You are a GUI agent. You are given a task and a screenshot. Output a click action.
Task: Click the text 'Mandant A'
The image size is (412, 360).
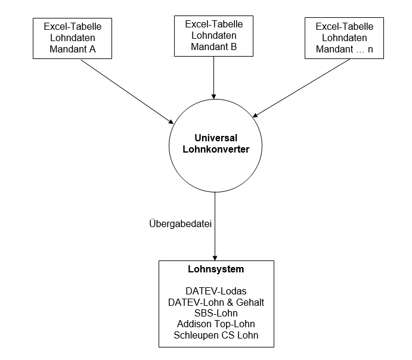tap(73, 49)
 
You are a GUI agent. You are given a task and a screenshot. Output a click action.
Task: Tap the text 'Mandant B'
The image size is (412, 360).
tap(213, 46)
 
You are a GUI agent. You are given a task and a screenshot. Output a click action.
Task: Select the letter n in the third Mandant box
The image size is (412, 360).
tap(370, 49)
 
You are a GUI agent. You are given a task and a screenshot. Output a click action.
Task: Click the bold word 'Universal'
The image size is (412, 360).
tap(216, 138)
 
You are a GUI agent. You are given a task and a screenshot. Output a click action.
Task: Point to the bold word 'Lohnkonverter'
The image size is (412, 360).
tap(216, 149)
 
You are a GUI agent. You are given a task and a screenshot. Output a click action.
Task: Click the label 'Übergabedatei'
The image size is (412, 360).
tap(180, 224)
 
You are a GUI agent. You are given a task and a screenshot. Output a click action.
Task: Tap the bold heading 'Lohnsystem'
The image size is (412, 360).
tap(216, 269)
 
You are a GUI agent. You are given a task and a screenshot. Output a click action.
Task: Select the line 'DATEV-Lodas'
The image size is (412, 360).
tap(216, 291)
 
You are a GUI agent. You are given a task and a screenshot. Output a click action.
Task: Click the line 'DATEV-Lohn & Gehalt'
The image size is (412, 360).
tap(216, 302)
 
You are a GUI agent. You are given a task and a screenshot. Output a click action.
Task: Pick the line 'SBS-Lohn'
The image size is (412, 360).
tap(216, 313)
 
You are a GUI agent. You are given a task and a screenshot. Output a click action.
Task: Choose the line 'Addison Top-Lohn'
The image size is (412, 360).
tap(216, 324)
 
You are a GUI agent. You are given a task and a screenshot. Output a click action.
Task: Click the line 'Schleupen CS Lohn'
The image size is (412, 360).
tap(216, 336)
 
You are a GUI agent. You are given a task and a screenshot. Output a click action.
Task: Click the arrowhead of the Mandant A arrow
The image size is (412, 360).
tap(171, 122)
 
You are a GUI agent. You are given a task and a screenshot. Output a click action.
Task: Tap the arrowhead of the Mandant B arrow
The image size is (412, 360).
tap(213, 97)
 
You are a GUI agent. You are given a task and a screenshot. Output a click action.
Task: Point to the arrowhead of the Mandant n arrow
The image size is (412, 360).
tap(255, 116)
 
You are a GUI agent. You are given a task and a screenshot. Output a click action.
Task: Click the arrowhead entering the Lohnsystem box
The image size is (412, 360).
tap(215, 257)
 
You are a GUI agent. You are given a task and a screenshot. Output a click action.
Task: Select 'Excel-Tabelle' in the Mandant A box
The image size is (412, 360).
tap(73, 26)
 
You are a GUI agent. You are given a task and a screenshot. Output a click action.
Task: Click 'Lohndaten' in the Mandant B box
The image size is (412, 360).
tap(213, 35)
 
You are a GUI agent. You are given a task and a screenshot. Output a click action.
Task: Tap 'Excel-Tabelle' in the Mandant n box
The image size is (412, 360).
tap(344, 26)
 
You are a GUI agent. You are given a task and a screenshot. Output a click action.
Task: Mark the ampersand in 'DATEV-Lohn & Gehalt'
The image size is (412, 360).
tap(230, 303)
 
